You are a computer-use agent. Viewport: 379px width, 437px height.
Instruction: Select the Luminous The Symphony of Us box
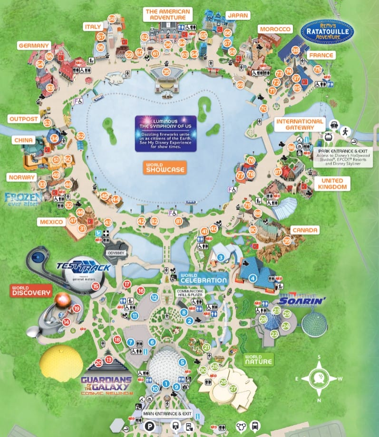pos(165,133)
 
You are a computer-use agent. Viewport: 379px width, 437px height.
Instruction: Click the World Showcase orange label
pos(165,167)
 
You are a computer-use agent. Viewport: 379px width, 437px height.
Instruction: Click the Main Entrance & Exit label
pos(167,414)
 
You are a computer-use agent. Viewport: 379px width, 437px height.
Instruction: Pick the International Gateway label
pos(300,124)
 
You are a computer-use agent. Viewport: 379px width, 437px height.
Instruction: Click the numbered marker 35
pos(166,72)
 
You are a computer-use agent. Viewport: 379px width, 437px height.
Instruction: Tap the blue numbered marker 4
pos(253,278)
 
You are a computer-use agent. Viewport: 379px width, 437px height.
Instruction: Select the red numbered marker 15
pos(96,286)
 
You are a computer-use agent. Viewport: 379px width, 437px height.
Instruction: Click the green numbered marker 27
pos(233,389)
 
